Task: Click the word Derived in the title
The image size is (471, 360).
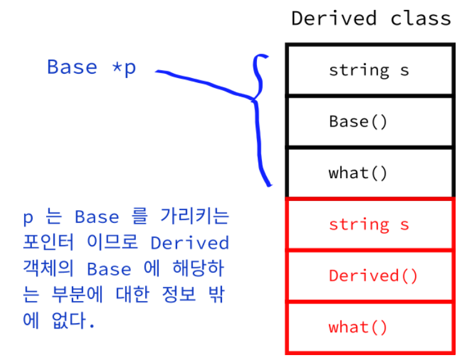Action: click(x=334, y=18)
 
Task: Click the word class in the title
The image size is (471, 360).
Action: click(x=421, y=18)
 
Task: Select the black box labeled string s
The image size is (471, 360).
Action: click(x=370, y=70)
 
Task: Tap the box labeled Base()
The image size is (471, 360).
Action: click(x=370, y=122)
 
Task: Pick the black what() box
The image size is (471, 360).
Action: click(x=370, y=173)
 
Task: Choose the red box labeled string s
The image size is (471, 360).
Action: click(x=370, y=224)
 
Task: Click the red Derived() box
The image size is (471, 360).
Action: click(x=370, y=276)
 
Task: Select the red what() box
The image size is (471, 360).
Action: click(x=370, y=327)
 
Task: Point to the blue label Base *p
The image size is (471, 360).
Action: click(x=91, y=67)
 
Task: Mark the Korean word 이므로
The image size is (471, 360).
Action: click(x=117, y=243)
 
